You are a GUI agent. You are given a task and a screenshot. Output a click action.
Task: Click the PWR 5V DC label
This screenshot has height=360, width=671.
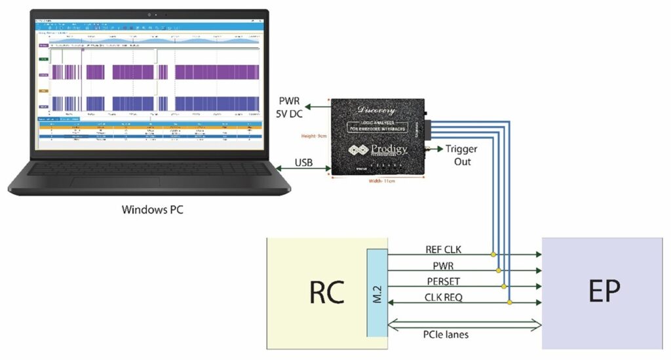292,107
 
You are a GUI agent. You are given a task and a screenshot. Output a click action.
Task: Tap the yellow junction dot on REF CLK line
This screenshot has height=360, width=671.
491,253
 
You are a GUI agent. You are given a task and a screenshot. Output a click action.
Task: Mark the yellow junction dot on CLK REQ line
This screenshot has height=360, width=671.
509,302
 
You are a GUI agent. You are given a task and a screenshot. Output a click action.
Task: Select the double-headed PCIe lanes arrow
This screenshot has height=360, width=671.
465,324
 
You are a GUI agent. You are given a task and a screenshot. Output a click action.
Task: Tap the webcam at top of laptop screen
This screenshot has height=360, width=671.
150,13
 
